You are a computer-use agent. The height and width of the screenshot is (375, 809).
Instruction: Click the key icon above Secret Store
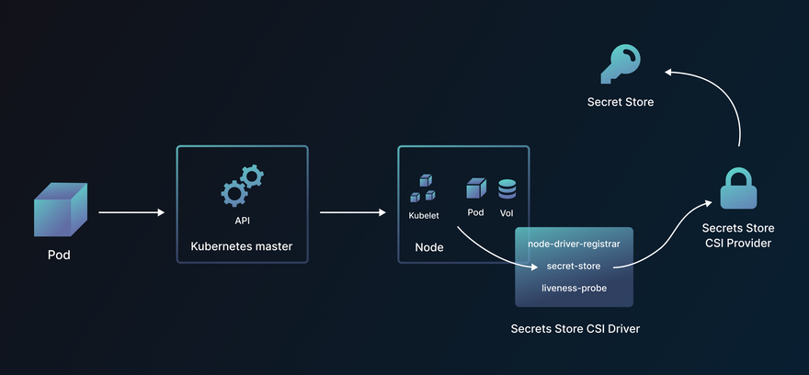pyautogui.click(x=621, y=64)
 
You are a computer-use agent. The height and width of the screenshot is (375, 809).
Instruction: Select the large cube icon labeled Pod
pyautogui.click(x=60, y=210)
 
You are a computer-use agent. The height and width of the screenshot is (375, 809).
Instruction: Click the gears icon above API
pyautogui.click(x=242, y=186)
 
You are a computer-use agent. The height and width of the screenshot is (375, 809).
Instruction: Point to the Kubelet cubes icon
pyautogui.click(x=424, y=188)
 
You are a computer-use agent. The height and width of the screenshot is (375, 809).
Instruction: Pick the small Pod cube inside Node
pyautogui.click(x=475, y=188)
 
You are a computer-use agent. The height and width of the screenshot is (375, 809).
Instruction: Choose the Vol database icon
pyautogui.click(x=507, y=189)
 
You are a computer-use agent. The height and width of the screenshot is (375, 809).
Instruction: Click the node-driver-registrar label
pyautogui.click(x=574, y=244)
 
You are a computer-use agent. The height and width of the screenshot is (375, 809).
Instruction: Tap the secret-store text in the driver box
pyautogui.click(x=574, y=266)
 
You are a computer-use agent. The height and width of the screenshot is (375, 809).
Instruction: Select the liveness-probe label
pyautogui.click(x=574, y=288)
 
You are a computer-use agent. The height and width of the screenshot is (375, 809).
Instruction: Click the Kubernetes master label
pyautogui.click(x=242, y=246)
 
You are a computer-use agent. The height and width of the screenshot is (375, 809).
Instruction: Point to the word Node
pyautogui.click(x=429, y=247)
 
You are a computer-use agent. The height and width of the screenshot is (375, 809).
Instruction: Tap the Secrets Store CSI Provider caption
pyautogui.click(x=737, y=235)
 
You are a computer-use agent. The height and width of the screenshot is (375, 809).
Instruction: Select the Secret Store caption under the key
pyautogui.click(x=621, y=102)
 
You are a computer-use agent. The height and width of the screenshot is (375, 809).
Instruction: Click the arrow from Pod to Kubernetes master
pyautogui.click(x=131, y=213)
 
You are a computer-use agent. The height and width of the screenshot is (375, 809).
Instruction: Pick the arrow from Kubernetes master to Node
pyautogui.click(x=352, y=213)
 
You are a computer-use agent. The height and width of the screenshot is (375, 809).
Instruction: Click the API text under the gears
pyautogui.click(x=243, y=221)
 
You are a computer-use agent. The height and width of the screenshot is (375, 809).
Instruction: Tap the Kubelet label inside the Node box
pyautogui.click(x=424, y=215)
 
